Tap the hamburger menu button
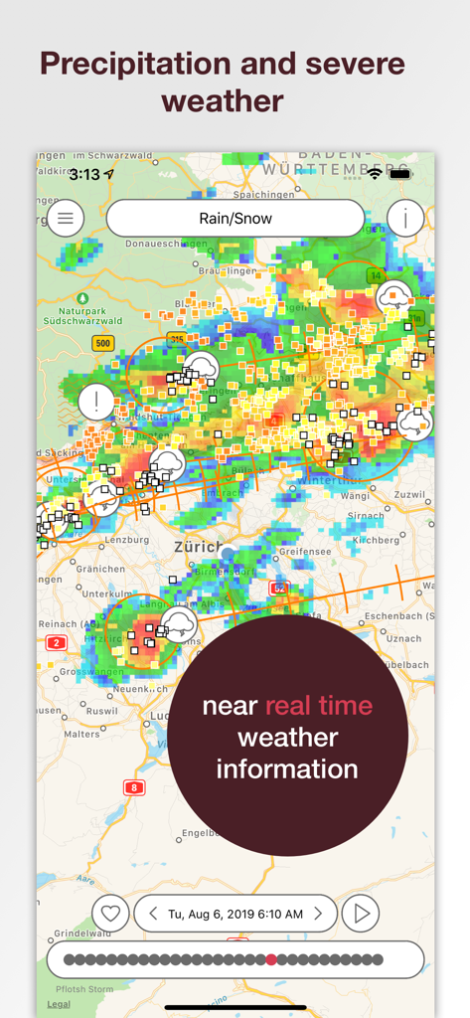(66, 218)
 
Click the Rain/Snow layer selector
(235, 219)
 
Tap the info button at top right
(405, 218)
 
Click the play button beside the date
(362, 914)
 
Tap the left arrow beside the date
(154, 914)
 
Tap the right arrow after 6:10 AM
(318, 914)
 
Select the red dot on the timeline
(271, 959)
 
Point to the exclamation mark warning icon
(96, 403)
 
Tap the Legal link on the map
(59, 1004)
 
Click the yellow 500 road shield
(102, 343)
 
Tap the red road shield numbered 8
(134, 787)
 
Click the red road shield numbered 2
(57, 643)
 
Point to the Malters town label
(81, 734)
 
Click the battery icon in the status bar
(400, 173)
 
